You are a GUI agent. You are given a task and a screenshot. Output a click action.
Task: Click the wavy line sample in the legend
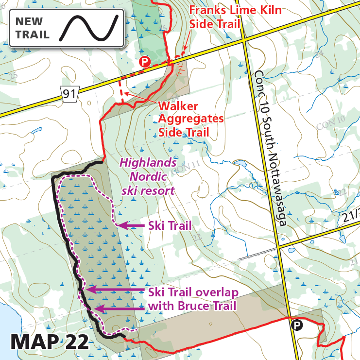89,28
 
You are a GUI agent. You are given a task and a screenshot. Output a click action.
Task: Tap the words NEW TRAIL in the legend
33,28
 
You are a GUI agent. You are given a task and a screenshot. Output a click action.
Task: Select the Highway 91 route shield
69,93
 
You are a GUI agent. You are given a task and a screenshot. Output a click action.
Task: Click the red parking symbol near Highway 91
144,61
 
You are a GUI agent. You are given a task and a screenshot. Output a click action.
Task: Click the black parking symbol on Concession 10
296,325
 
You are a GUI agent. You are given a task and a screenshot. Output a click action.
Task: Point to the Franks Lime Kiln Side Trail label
235,17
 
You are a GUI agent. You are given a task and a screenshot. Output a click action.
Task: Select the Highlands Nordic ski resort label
148,176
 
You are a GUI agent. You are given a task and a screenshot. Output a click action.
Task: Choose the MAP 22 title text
50,342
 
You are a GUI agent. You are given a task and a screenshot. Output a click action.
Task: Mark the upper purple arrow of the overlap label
114,290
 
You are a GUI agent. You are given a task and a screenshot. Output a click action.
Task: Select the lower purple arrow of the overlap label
119,308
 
